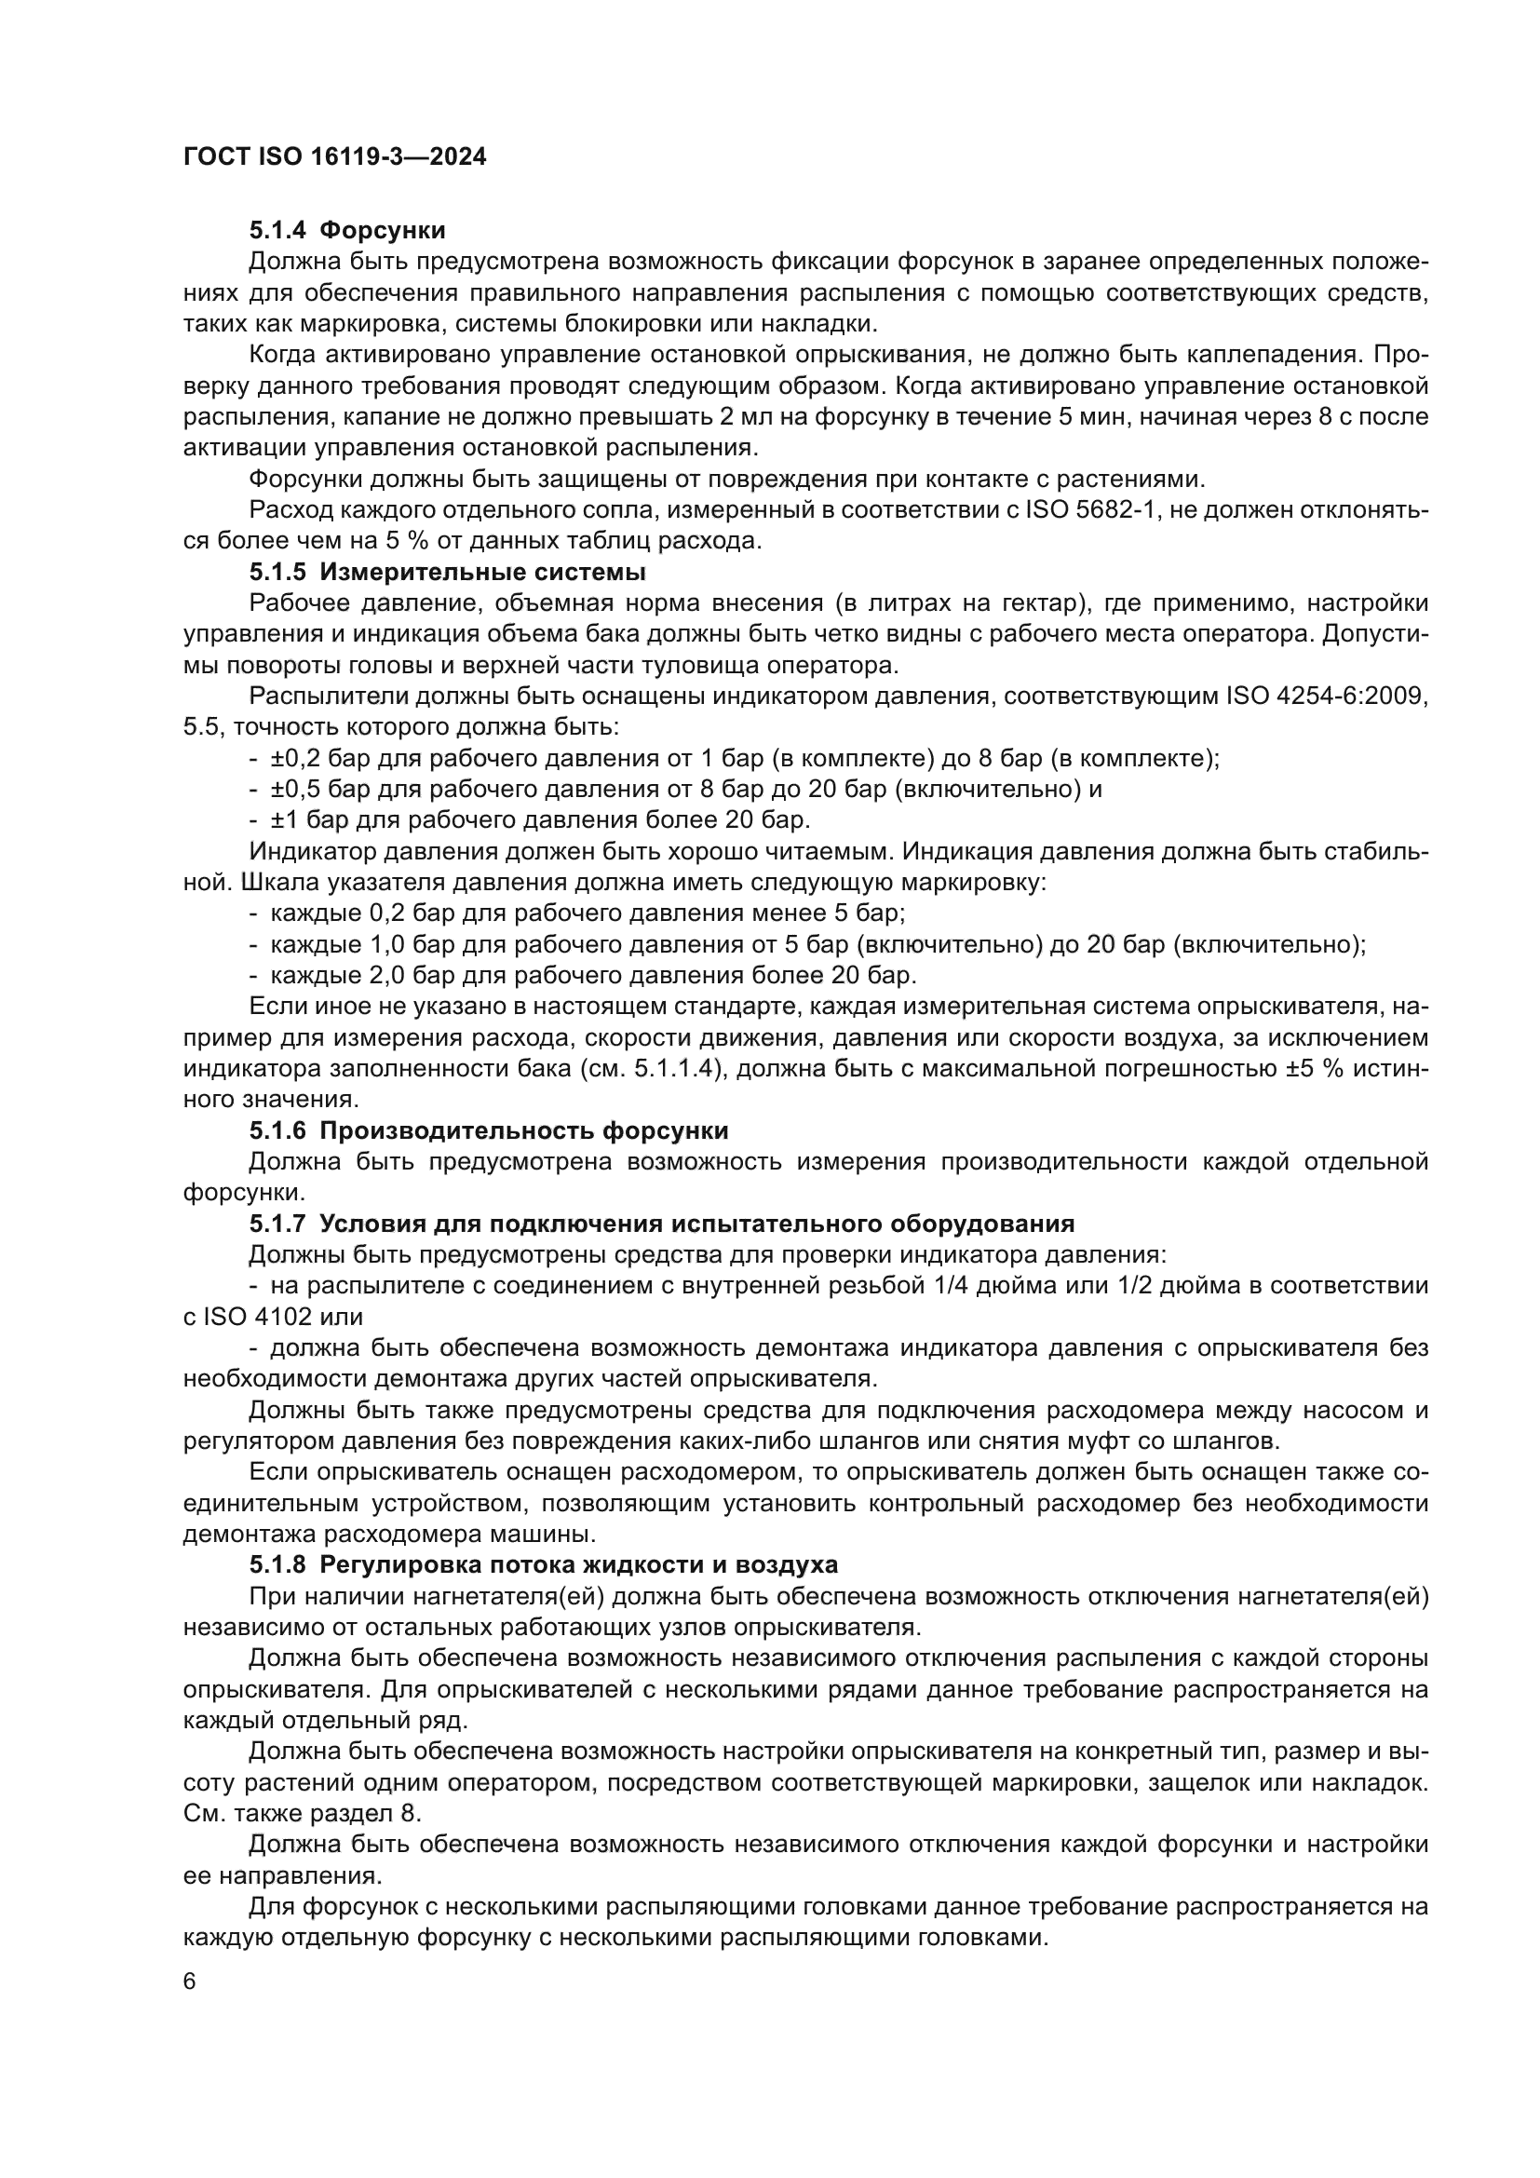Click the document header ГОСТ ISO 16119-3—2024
[x=334, y=157]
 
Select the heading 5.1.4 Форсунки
[x=347, y=231]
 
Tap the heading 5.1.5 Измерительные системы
[x=448, y=572]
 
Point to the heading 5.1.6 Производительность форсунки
[x=489, y=1130]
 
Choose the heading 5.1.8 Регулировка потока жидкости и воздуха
[x=544, y=1564]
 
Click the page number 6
[x=190, y=1982]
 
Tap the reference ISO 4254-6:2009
[x=1327, y=697]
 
